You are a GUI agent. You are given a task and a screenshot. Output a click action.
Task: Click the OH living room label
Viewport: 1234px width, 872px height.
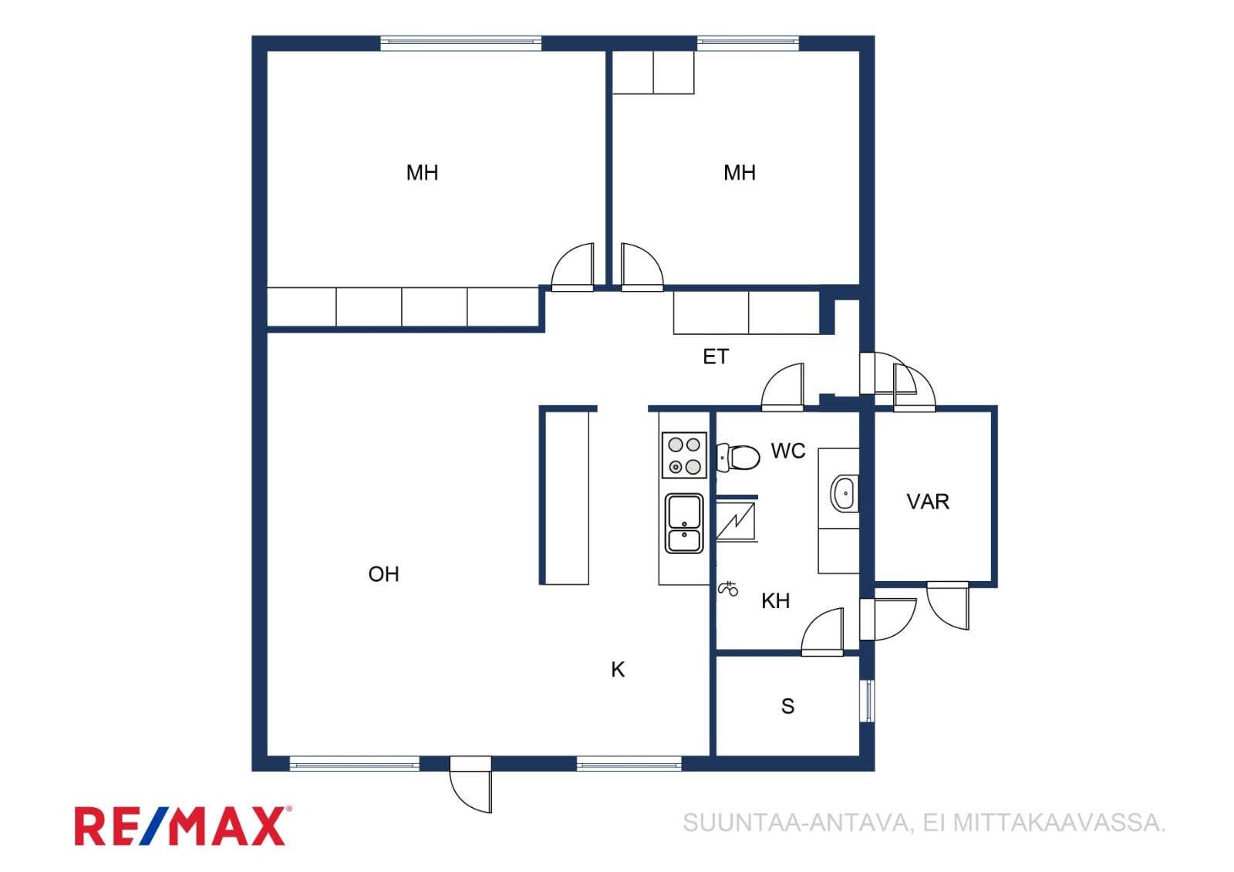point(383,574)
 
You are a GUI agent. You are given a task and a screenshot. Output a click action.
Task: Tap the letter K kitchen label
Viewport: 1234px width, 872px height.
point(618,670)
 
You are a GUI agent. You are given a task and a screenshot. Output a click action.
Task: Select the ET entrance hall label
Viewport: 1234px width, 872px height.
point(716,357)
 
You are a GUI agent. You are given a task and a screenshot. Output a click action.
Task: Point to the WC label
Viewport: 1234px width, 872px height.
point(787,451)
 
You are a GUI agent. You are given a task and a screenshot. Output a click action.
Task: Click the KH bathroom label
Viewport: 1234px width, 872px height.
point(775,601)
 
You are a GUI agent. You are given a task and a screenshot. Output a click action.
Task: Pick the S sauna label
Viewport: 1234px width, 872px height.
point(787,706)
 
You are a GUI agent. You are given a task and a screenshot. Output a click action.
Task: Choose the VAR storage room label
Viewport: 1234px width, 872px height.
point(928,502)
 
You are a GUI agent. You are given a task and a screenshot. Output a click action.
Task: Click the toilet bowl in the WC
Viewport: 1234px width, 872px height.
point(738,457)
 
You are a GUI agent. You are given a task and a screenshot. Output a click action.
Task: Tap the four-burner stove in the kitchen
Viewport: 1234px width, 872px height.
point(684,455)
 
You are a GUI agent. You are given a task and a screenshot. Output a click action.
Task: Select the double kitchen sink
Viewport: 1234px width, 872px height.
point(684,524)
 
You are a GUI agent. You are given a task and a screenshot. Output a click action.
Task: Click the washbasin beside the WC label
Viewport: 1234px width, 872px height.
point(844,493)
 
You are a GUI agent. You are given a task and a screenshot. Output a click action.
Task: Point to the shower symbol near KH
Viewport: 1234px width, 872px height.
point(728,589)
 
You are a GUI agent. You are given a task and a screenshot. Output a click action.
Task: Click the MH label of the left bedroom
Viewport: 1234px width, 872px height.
point(422,173)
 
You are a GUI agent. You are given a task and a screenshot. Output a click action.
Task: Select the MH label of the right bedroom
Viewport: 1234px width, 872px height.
point(740,173)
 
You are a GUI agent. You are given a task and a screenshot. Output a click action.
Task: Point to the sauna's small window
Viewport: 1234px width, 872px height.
point(868,701)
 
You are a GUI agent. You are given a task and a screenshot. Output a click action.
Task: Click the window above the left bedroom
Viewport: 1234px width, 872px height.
point(460,43)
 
